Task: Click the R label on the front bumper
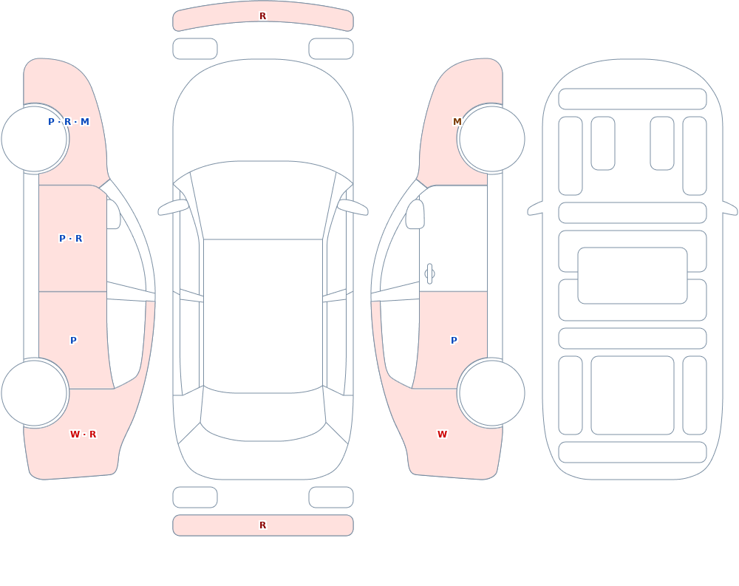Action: (x=263, y=16)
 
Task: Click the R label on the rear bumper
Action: (x=263, y=525)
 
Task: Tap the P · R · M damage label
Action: (x=69, y=122)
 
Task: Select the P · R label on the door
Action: (x=71, y=239)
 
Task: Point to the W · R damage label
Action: (x=84, y=435)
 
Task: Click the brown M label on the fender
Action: (x=457, y=122)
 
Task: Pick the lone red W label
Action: (x=442, y=435)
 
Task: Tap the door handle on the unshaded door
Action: (x=429, y=274)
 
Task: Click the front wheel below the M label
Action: (x=491, y=139)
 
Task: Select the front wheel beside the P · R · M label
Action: (x=35, y=139)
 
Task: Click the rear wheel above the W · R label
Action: (x=35, y=392)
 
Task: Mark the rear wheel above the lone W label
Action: (x=491, y=392)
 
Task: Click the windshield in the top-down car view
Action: (x=263, y=200)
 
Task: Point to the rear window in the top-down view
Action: (x=263, y=414)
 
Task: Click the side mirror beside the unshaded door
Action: (x=415, y=214)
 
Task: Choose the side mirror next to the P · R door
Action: (x=113, y=214)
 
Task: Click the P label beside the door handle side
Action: (x=454, y=341)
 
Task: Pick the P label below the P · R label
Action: (x=73, y=341)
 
